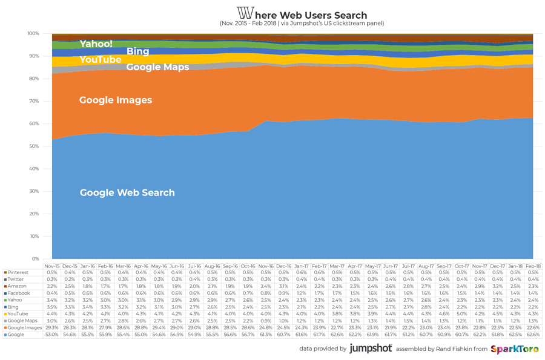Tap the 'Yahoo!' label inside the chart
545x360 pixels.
coord(96,44)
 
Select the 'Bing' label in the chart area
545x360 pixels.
coord(137,51)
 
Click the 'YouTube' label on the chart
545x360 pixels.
coord(100,59)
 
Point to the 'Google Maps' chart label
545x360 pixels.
coord(157,67)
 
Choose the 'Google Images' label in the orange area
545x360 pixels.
coord(115,100)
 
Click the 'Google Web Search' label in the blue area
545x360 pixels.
coord(127,192)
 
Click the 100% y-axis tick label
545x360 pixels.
coord(33,34)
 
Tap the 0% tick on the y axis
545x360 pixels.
coord(35,259)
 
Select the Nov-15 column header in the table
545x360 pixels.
coord(52,266)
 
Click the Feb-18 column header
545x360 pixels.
coord(533,266)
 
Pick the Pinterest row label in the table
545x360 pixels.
coord(18,272)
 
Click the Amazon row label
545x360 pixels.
coord(17,286)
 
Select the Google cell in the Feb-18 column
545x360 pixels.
coord(533,335)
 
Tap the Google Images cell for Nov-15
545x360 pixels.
coord(52,327)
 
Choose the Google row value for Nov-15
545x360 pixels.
coord(52,335)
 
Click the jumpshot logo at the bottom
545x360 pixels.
coord(370,349)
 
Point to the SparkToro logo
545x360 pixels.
coord(514,349)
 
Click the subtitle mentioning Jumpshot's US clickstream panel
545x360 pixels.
coord(302,24)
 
